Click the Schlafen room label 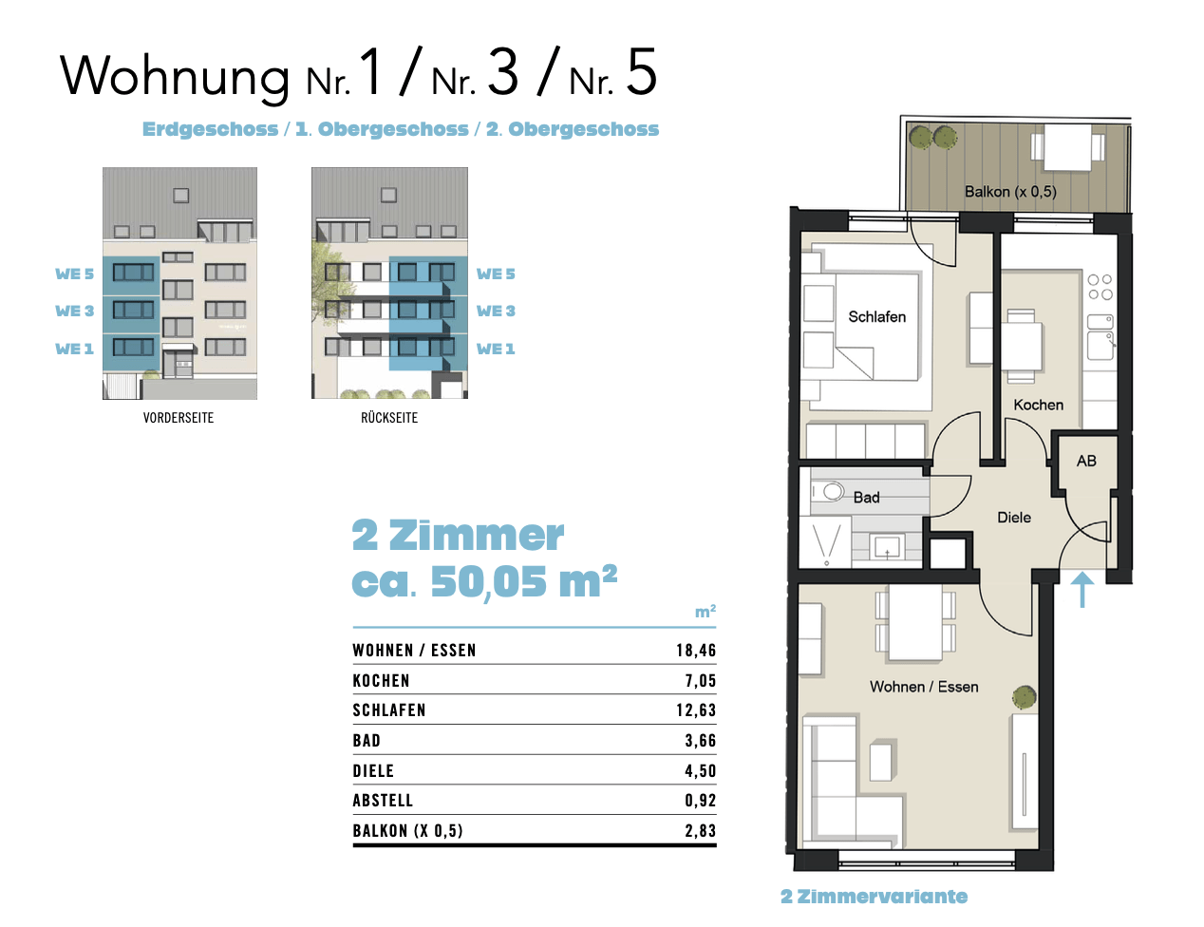[x=876, y=317]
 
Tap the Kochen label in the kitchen [x=1038, y=405]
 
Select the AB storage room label [x=1086, y=461]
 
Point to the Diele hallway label [x=1013, y=518]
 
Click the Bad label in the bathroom [x=866, y=498]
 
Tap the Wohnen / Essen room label [x=923, y=687]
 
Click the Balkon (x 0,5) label [x=1009, y=192]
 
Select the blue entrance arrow [x=1082, y=588]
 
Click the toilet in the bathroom [x=829, y=492]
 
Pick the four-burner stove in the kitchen [x=1100, y=287]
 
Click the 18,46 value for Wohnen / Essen [x=695, y=651]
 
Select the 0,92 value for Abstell [x=700, y=801]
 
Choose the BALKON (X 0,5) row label [x=407, y=831]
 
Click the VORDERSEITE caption [x=179, y=418]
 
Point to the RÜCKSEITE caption [x=389, y=418]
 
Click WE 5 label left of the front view [x=74, y=274]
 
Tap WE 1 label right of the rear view [x=496, y=350]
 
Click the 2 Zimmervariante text [x=874, y=897]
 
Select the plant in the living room [x=1024, y=698]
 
